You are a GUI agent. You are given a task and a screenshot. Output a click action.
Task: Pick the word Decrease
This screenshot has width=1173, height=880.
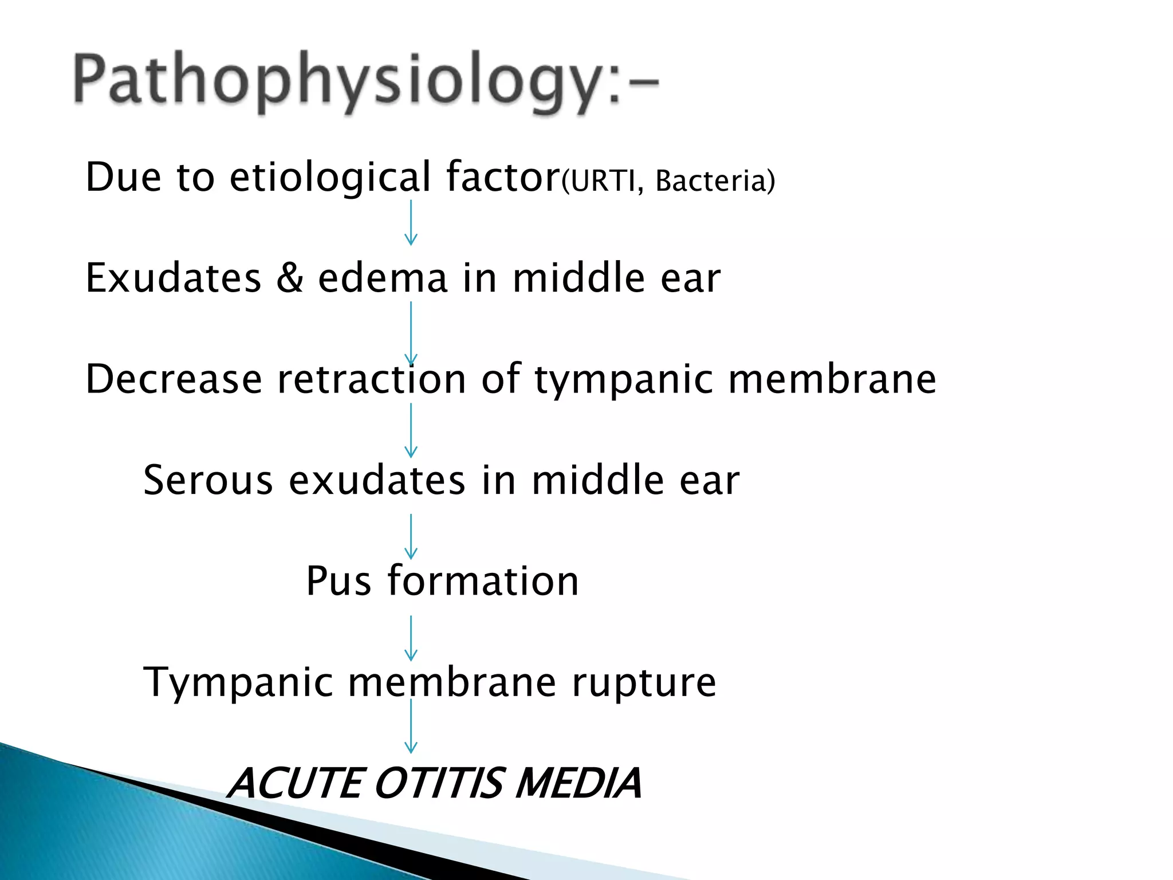click(x=174, y=379)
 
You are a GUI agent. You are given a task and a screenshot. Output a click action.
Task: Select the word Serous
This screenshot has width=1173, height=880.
click(x=208, y=480)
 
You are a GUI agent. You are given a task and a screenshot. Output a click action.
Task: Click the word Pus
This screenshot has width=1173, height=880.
click(x=338, y=581)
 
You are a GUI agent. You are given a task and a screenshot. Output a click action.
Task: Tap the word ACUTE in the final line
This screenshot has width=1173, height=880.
click(x=296, y=783)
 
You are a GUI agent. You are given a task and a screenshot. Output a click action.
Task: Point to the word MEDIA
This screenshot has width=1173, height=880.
click(x=578, y=783)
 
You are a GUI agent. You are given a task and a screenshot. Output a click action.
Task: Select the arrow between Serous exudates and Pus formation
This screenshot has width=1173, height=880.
click(x=411, y=536)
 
